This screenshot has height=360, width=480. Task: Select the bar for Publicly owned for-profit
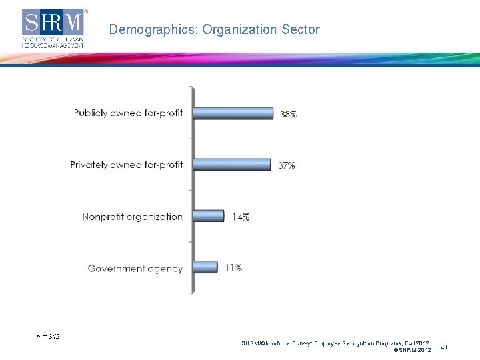click(x=233, y=113)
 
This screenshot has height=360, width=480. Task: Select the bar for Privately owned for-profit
click(x=232, y=165)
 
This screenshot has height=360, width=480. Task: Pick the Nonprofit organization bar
click(x=209, y=216)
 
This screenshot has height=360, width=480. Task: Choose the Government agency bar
click(x=205, y=267)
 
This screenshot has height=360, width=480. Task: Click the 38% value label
click(x=288, y=114)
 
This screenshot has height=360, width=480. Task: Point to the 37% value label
click(x=286, y=165)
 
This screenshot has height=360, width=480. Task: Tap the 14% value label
click(x=241, y=217)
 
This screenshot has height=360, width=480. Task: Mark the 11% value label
click(x=233, y=268)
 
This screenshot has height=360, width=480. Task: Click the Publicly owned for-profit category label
click(x=128, y=113)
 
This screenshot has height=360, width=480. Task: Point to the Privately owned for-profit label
click(x=126, y=165)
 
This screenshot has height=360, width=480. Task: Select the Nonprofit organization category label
click(x=132, y=217)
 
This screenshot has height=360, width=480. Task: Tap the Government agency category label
click(x=135, y=269)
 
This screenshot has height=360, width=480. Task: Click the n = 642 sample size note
click(x=47, y=337)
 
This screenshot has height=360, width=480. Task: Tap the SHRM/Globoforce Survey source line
click(x=336, y=343)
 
